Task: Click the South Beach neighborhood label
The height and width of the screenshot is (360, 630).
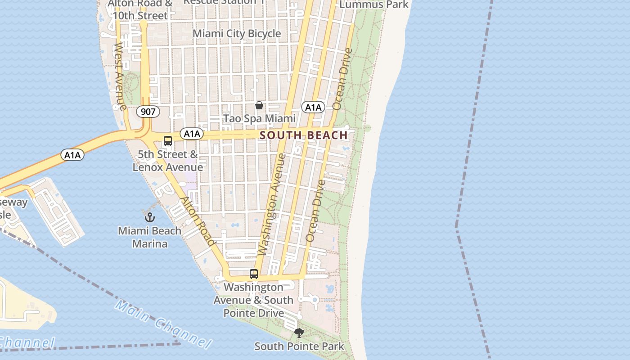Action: point(304,135)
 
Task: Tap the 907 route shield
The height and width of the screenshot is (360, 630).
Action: point(148,112)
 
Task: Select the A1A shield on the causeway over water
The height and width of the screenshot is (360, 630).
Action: point(72,155)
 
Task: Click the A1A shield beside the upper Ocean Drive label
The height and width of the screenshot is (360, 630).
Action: point(313,107)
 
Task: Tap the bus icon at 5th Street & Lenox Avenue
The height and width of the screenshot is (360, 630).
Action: point(168,140)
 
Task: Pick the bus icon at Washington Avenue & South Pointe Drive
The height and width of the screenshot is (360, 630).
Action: point(254,274)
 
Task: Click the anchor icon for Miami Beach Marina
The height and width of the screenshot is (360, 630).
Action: point(149,217)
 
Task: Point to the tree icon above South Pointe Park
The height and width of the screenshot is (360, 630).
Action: point(299,333)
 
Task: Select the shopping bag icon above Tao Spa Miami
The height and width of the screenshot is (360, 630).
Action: point(259,105)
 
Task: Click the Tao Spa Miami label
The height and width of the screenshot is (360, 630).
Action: point(260,119)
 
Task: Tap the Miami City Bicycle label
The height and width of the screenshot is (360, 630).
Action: point(237,34)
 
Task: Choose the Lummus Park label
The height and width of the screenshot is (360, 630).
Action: point(373,4)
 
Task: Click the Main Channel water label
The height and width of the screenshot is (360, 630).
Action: point(163,325)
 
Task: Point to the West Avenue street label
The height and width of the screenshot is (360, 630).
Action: point(120,76)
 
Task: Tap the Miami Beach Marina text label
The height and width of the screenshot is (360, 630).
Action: point(149,237)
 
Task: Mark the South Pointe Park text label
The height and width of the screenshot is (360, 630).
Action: point(299,346)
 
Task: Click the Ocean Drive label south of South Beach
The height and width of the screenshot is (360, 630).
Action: point(315,211)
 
